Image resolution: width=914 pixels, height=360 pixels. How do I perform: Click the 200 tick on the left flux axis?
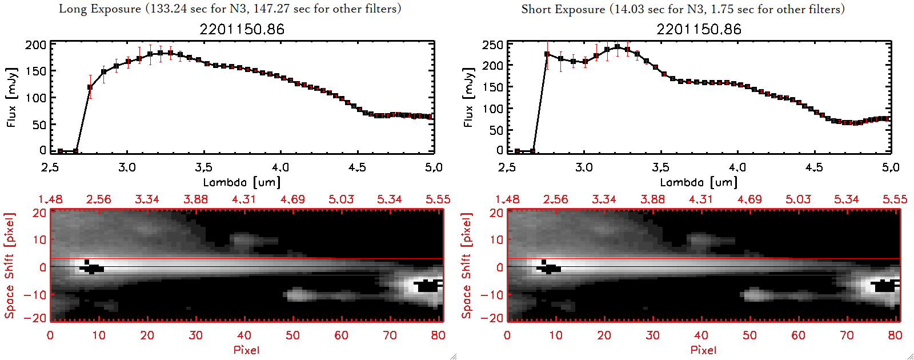click(x=35, y=45)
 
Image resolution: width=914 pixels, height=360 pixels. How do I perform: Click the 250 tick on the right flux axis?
click(x=492, y=45)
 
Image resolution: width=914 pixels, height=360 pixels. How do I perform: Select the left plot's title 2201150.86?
click(x=242, y=29)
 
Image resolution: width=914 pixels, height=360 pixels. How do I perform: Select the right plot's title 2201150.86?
click(x=699, y=29)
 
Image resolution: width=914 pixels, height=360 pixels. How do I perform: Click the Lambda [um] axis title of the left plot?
click(x=242, y=182)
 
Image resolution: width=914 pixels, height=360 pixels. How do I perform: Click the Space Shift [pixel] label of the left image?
click(x=10, y=266)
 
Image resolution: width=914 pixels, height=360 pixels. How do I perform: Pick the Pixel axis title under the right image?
click(x=703, y=350)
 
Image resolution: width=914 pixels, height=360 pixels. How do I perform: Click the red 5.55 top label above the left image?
click(x=438, y=199)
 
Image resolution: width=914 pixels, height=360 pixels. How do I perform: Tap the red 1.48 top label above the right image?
click(x=507, y=199)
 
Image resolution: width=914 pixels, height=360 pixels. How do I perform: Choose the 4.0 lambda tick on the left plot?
click(x=280, y=167)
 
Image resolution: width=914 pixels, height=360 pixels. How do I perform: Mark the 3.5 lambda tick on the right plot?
click(x=660, y=167)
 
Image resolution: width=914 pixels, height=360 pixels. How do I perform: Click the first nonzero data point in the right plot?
click(x=547, y=54)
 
